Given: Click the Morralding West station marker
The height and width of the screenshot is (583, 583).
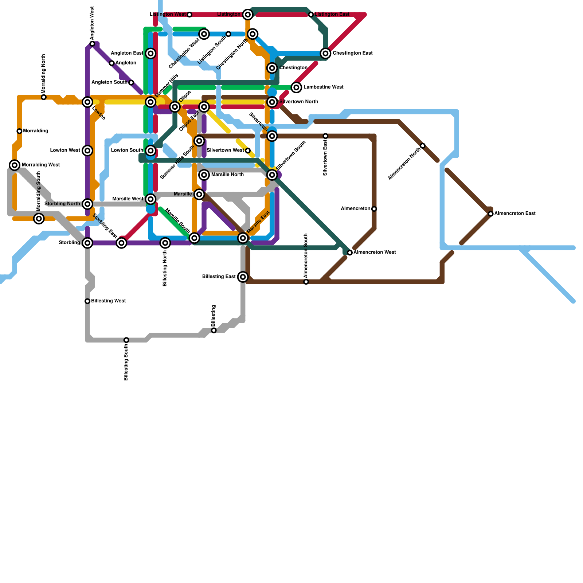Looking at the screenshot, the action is click(15, 165).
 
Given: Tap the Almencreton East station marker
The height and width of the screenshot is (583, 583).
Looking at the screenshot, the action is click(491, 214).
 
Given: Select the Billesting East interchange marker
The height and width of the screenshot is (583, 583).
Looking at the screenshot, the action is click(243, 277).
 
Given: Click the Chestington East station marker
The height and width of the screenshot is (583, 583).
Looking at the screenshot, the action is click(326, 54).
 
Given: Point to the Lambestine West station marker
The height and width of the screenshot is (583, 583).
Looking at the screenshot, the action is click(297, 87).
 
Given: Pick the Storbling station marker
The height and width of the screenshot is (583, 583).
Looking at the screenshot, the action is click(87, 243).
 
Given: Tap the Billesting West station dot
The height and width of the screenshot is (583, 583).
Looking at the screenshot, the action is click(87, 301).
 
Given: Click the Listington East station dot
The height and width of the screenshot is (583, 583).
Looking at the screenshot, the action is click(311, 15).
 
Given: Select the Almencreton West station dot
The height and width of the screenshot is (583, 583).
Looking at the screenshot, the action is click(350, 253).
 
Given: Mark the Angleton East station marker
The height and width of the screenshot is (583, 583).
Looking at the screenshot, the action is click(151, 54).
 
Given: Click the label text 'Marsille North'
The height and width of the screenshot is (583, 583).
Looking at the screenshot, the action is click(227, 175).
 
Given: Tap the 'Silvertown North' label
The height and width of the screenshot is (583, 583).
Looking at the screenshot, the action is click(298, 102).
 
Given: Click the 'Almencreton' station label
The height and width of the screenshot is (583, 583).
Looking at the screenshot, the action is click(355, 209).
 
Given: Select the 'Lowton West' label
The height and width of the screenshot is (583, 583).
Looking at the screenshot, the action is click(65, 150).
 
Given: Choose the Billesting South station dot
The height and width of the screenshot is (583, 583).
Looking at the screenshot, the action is click(126, 340).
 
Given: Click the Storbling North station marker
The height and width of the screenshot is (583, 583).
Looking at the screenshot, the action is click(87, 204).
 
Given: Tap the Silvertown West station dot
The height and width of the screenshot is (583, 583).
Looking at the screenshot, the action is click(248, 150).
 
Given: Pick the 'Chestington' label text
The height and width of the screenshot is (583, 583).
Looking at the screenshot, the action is click(293, 68).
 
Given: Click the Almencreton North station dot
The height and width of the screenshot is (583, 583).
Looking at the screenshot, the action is click(423, 146).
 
